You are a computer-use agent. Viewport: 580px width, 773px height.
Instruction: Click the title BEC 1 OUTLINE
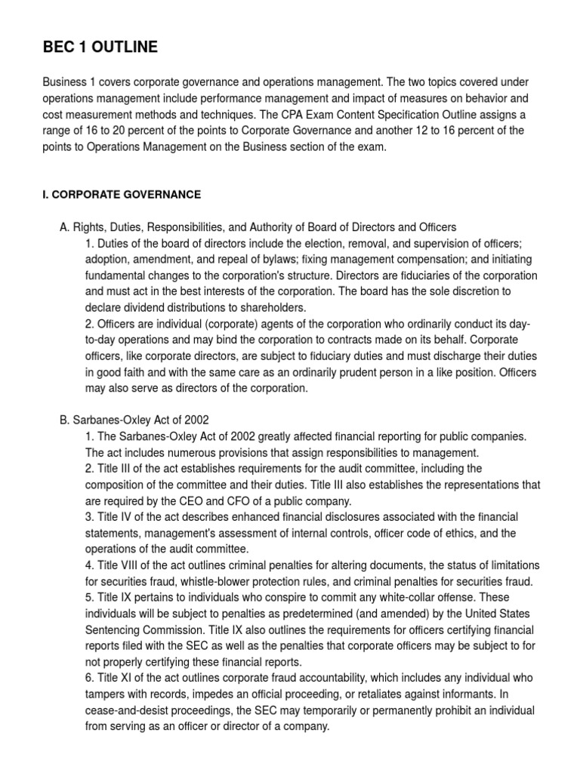pyautogui.click(x=100, y=48)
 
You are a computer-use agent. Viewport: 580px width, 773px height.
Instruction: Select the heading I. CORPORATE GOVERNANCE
pyautogui.click(x=122, y=195)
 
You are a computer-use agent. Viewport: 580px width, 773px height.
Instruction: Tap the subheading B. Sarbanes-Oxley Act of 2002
pyautogui.click(x=134, y=420)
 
